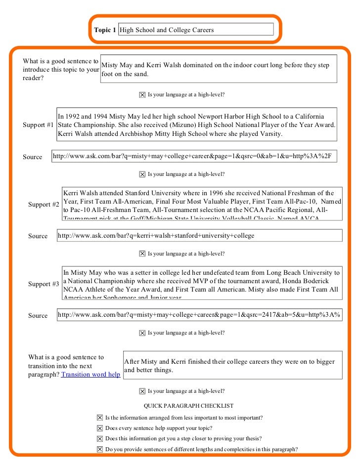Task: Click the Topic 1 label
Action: (x=105, y=30)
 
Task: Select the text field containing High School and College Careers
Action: (x=196, y=30)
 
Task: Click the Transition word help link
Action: (x=90, y=375)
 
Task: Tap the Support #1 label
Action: (x=38, y=125)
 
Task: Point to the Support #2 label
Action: (x=44, y=205)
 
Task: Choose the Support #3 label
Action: (x=44, y=284)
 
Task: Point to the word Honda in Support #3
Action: (x=293, y=281)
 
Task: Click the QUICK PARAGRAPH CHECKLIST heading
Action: (x=188, y=406)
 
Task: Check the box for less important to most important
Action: (x=100, y=418)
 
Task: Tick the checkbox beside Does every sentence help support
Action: (x=100, y=428)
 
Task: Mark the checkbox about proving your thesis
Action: (x=100, y=439)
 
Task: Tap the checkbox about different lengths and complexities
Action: (x=100, y=450)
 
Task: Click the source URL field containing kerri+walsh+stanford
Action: (x=199, y=236)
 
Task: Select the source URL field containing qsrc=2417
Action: (x=199, y=315)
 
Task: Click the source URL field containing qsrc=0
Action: (x=195, y=157)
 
